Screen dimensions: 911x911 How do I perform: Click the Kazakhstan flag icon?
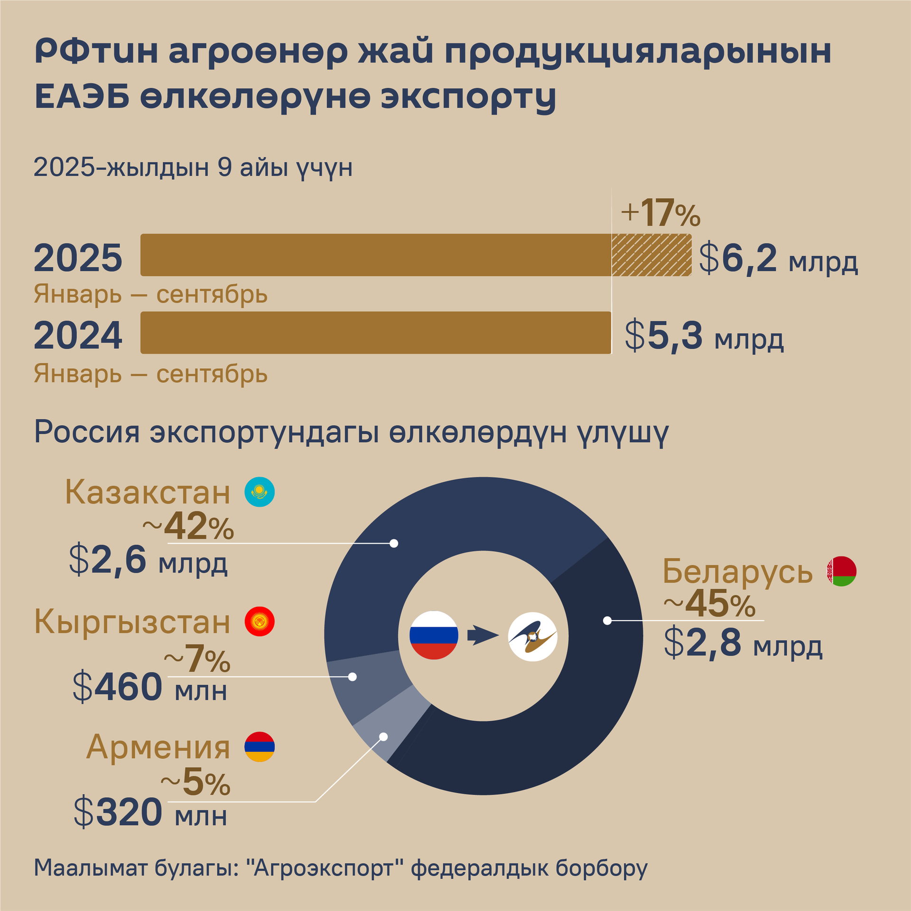(259, 492)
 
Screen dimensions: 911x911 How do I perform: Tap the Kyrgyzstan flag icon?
(259, 621)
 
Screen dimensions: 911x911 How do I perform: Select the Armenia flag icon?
(259, 747)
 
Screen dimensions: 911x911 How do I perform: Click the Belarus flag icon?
(841, 571)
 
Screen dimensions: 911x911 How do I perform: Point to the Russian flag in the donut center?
(434, 635)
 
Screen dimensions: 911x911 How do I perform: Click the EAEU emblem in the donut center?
(532, 636)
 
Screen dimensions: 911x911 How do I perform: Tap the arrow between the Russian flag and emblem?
(483, 635)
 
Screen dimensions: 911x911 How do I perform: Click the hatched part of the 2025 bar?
(651, 255)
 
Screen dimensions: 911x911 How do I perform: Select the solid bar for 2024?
(375, 333)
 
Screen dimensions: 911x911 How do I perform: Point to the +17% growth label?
(660, 214)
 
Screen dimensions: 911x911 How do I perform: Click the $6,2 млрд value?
(778, 259)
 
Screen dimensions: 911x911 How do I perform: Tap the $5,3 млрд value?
(704, 336)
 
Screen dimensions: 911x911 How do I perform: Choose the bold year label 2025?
(78, 259)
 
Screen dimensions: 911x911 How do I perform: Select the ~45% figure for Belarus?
(709, 604)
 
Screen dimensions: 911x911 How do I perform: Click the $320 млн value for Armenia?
(150, 813)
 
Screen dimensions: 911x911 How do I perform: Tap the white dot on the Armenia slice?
(383, 737)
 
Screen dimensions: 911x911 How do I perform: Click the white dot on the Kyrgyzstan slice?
(352, 677)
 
